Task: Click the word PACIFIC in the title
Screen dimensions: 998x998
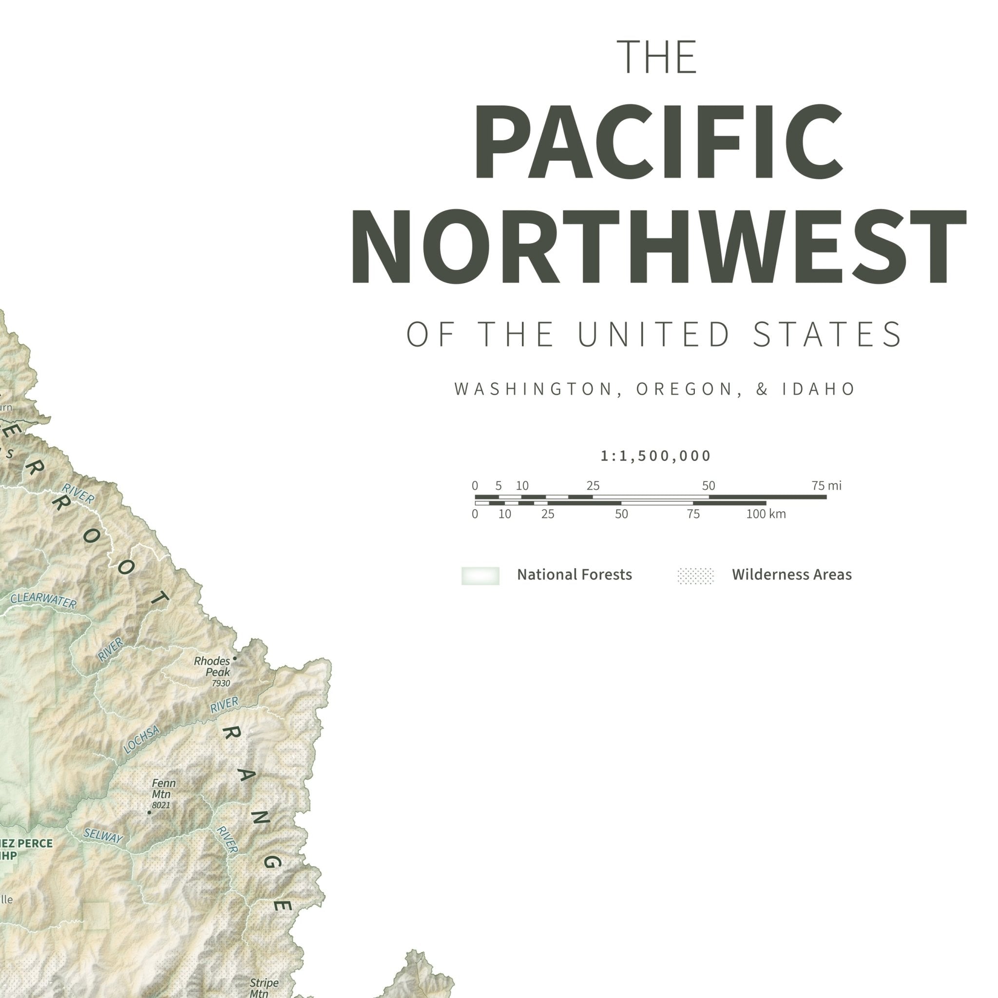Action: (657, 142)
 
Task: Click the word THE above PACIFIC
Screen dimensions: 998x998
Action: (657, 57)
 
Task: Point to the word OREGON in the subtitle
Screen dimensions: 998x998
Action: (686, 389)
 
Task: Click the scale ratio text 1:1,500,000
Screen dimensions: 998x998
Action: (655, 456)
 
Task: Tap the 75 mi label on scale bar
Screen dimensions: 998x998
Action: (826, 485)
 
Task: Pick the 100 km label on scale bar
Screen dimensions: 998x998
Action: (766, 514)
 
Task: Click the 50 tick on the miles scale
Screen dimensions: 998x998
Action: (708, 485)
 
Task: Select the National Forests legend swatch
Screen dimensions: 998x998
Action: (480, 576)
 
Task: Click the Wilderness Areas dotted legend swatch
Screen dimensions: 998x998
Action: (695, 576)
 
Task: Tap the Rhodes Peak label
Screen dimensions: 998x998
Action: (212, 666)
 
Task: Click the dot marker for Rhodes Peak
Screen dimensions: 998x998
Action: (234, 659)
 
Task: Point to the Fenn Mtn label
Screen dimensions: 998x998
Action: (163, 788)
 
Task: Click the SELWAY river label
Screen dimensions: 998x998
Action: (103, 836)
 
